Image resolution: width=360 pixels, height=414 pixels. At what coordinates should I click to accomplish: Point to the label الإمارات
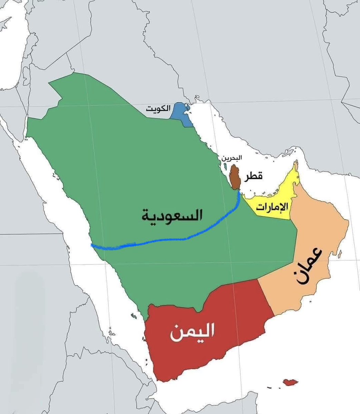[271, 207]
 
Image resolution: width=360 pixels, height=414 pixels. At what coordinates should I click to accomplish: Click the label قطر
[253, 176]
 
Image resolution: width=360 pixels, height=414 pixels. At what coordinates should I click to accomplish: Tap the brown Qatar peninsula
[235, 176]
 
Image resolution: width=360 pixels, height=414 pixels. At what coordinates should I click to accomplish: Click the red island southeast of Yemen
[290, 382]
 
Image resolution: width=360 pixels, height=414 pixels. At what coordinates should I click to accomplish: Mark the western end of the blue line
[92, 245]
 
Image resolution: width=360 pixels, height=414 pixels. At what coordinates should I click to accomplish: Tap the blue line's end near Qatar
[239, 193]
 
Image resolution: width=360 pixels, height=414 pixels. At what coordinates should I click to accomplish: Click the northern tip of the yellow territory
[296, 163]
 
